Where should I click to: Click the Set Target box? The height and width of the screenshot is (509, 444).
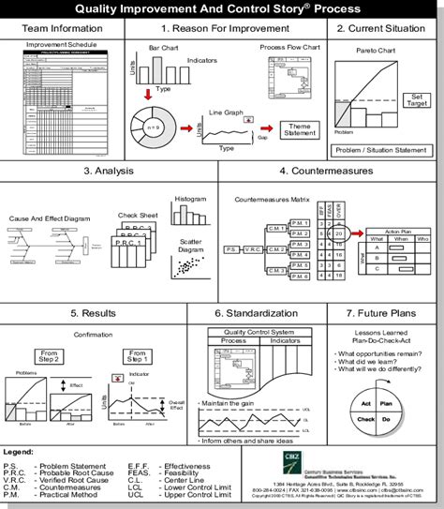tap(417, 101)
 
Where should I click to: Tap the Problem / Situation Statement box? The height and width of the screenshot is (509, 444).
tap(384, 150)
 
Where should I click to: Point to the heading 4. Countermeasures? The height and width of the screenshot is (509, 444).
tap(329, 172)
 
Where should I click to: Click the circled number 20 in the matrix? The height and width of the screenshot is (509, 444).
tap(341, 232)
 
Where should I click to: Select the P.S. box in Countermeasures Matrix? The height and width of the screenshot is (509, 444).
tap(231, 250)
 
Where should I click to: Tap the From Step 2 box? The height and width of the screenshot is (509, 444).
tap(48, 356)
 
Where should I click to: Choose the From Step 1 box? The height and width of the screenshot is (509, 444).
tap(138, 356)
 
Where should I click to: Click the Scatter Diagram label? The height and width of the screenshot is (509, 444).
tap(190, 246)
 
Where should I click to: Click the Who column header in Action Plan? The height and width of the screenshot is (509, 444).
tap(422, 238)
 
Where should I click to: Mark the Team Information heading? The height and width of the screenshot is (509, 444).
tap(62, 29)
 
